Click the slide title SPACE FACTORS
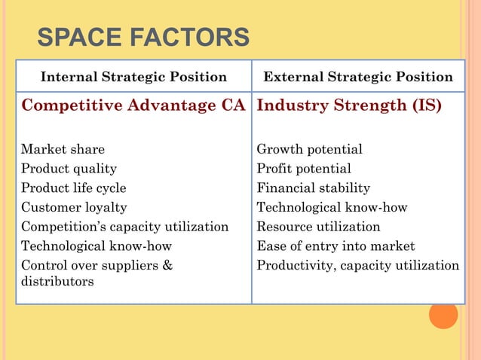[142, 36]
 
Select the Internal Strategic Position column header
[133, 77]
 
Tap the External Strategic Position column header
[357, 77]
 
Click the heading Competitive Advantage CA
[133, 105]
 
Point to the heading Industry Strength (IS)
[349, 105]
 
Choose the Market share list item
[63, 149]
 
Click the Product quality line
[69, 169]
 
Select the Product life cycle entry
[73, 188]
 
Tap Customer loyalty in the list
[74, 207]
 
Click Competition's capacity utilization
[124, 227]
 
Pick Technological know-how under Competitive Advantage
[97, 246]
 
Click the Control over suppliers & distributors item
[97, 273]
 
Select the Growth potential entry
[309, 149]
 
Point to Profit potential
[304, 169]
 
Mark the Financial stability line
[313, 188]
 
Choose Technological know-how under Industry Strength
[332, 207]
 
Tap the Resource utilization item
[318, 227]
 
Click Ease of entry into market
[335, 246]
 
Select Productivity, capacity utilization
[357, 265]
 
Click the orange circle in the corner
[443, 315]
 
